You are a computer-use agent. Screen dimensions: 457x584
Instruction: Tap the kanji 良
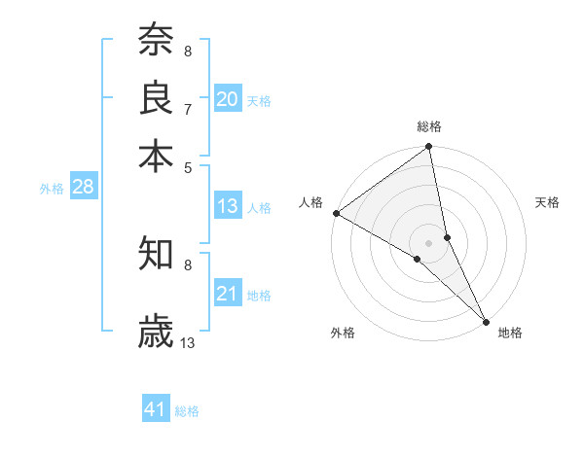156,97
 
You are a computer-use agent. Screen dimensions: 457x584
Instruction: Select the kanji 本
156,156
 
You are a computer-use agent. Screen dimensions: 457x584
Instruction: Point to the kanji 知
156,254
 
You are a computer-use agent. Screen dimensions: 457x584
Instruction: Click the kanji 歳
156,332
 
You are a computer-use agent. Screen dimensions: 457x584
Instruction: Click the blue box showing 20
228,98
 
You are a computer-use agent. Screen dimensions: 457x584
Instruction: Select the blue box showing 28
83,188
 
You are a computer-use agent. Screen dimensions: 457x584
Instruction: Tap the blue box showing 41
156,409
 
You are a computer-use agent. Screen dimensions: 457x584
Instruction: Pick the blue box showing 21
228,294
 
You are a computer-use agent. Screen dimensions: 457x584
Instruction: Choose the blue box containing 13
228,206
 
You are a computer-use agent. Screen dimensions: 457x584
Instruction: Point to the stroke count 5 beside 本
187,166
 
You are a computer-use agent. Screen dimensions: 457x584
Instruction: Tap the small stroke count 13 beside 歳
188,342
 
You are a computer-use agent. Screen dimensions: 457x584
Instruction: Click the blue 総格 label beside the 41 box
187,411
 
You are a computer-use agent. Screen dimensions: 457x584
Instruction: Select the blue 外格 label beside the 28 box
52,190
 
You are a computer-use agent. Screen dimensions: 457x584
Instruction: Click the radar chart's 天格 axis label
547,202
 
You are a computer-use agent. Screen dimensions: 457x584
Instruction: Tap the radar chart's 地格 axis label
510,333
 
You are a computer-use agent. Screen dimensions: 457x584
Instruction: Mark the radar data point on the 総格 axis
429,148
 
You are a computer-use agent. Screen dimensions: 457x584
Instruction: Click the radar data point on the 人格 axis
336,213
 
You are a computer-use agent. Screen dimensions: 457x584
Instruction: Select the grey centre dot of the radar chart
429,242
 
